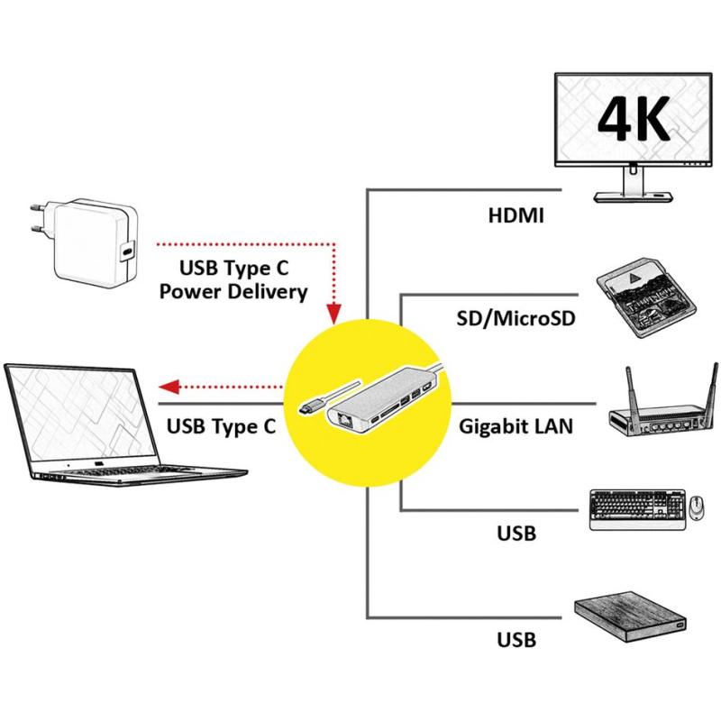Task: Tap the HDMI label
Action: pyautogui.click(x=516, y=216)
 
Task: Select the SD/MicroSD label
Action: pyautogui.click(x=516, y=318)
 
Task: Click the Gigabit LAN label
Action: pyautogui.click(x=516, y=425)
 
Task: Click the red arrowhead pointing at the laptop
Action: pyautogui.click(x=169, y=388)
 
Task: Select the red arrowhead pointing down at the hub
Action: pyautogui.click(x=333, y=314)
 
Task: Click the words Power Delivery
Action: pyautogui.click(x=231, y=292)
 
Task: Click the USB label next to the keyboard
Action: pyautogui.click(x=516, y=534)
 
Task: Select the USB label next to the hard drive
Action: pyautogui.click(x=516, y=641)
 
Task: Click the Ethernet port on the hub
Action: pyautogui.click(x=344, y=419)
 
